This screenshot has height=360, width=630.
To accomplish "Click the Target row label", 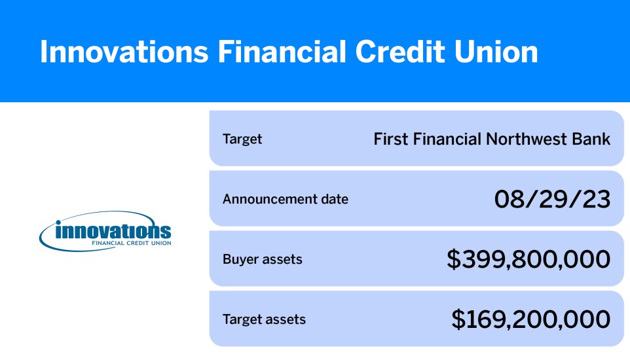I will (x=242, y=139).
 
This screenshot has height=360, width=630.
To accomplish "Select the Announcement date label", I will (x=286, y=199).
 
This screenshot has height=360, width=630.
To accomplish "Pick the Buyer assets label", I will (x=262, y=259).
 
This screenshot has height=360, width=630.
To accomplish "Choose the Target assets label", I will (x=264, y=319).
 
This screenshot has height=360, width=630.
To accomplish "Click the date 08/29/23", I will (x=552, y=199).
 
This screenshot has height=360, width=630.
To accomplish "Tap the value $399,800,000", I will (x=528, y=259).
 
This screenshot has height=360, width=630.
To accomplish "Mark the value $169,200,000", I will (x=530, y=319).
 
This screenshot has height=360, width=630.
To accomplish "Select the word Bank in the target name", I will (x=593, y=139).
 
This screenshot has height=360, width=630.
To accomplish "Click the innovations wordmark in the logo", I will (x=113, y=231).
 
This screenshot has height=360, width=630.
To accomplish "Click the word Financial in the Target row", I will (x=442, y=139).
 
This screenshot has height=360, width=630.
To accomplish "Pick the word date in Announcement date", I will (x=335, y=199).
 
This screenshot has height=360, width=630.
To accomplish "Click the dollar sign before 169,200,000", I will (x=458, y=319).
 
